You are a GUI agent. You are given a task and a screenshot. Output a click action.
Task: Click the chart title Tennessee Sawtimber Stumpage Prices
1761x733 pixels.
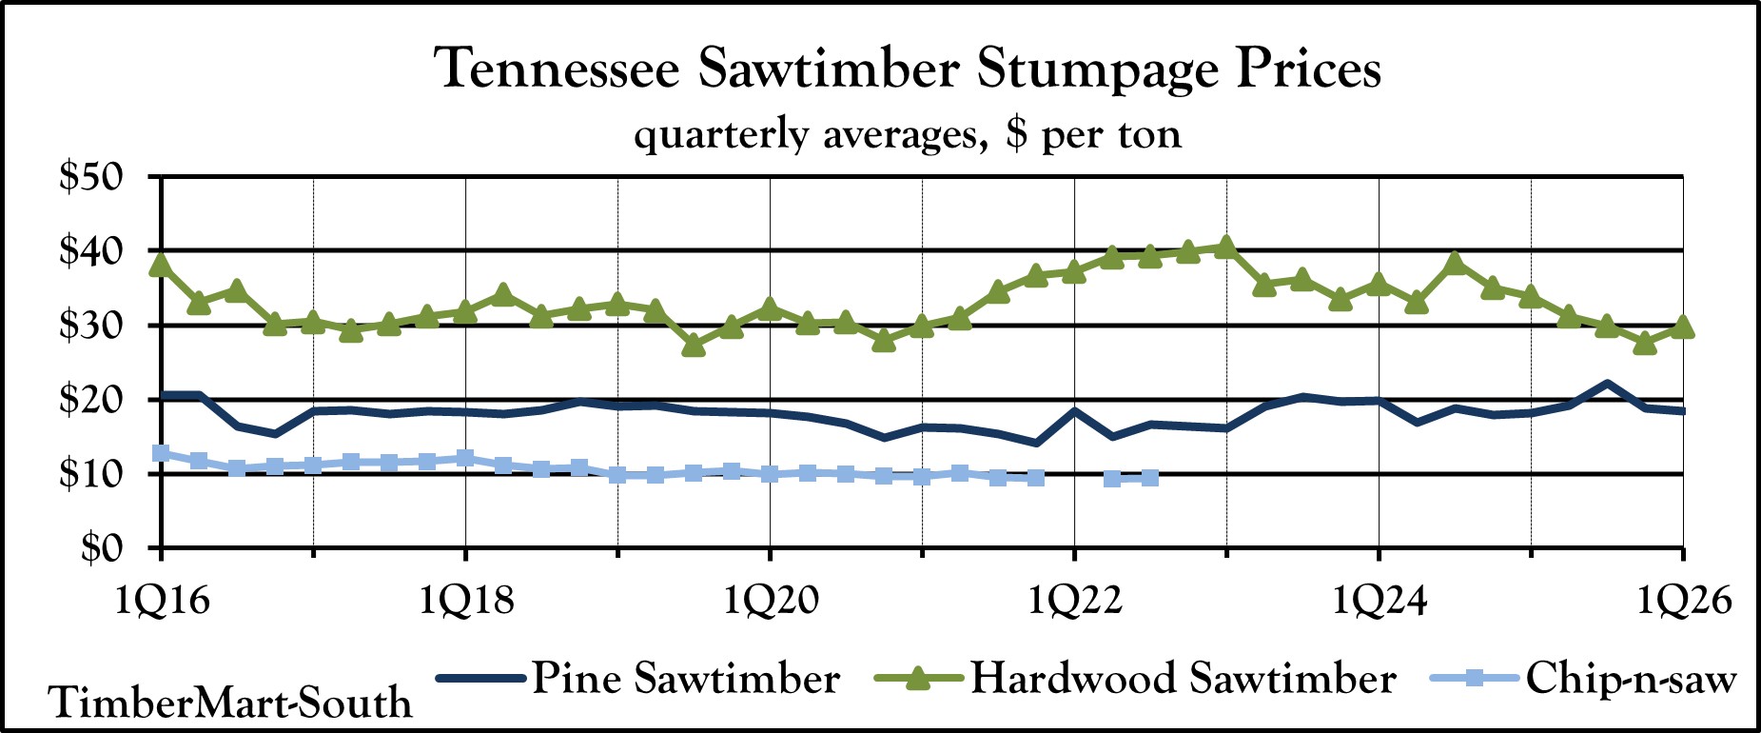[908, 69]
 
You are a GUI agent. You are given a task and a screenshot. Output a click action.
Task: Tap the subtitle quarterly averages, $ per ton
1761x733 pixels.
[908, 134]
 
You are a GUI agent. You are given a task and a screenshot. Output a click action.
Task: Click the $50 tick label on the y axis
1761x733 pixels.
[91, 177]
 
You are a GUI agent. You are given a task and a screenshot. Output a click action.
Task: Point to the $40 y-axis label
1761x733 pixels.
[91, 251]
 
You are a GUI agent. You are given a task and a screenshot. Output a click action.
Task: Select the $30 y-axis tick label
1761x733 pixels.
[91, 326]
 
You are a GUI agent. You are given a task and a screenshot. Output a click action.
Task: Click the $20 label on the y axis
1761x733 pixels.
[91, 400]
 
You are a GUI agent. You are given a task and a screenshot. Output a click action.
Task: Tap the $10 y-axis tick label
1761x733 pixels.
[91, 474]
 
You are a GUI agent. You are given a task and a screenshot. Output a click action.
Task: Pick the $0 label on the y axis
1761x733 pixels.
[102, 548]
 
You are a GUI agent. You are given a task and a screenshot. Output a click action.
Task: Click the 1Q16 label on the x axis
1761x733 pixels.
[161, 602]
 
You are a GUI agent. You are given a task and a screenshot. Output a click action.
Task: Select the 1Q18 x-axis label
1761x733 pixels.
[465, 602]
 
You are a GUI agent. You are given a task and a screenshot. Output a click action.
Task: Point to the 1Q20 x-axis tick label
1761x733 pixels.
[770, 602]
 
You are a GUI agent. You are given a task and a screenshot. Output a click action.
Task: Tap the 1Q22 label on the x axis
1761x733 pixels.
[1074, 602]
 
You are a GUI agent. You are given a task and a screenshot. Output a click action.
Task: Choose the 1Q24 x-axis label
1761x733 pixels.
[1379, 602]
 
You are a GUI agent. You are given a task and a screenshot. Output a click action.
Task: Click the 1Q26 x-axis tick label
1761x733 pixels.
[1683, 602]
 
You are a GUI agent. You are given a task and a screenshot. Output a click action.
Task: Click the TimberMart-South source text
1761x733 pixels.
[231, 703]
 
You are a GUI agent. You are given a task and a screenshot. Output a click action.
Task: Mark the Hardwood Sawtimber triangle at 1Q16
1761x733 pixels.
[161, 265]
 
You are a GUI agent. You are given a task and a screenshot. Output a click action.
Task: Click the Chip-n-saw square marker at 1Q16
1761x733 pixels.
[161, 453]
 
